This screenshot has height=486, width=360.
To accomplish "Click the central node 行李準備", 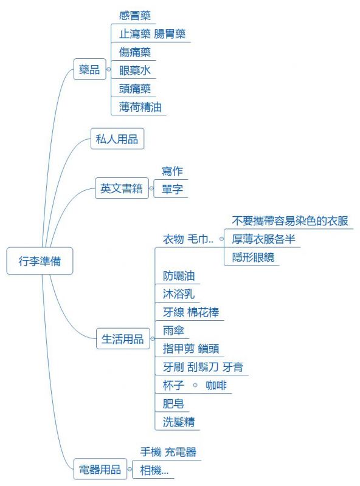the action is (40, 261).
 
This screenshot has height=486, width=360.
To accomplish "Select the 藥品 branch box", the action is (89, 69).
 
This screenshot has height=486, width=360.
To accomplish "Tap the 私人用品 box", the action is (117, 139).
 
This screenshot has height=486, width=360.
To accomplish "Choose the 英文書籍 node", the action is (122, 188).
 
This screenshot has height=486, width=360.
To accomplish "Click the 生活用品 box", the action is (123, 339).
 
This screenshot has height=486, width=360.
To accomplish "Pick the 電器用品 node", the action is (100, 469).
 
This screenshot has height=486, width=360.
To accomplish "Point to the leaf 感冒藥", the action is (135, 16).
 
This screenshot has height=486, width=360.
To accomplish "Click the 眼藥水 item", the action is (135, 70).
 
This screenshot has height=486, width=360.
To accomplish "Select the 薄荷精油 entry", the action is (140, 107).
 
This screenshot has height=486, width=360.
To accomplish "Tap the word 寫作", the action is (173, 171).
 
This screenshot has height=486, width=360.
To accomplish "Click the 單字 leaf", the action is (173, 189).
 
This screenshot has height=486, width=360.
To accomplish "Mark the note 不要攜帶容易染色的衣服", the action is (290, 221).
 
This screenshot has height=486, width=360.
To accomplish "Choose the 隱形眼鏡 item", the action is (253, 257).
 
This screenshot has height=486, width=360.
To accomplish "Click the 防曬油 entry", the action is (179, 276).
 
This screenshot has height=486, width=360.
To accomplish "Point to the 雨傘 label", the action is (173, 330).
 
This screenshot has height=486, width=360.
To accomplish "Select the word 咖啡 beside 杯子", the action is (216, 385).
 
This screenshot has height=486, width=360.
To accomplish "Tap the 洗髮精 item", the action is (179, 422).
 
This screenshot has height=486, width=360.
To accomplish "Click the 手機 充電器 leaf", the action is (168, 451).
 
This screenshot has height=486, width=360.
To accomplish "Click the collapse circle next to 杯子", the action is (195, 385).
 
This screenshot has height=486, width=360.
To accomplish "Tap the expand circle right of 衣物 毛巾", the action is (221, 239).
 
